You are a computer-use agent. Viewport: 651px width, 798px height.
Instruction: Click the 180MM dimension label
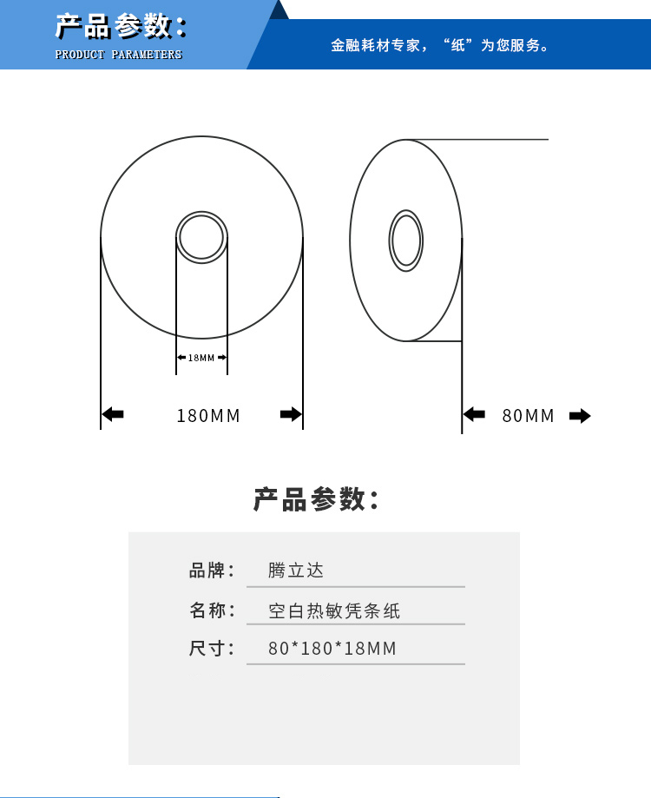pos(208,416)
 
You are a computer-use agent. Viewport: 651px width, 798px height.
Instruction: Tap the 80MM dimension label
pos(528,416)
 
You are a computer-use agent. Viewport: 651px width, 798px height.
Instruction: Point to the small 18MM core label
pos(201,358)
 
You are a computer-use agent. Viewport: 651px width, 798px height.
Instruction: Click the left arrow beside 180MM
pos(114,415)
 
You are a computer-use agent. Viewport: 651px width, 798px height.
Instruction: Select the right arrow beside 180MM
pos(290,415)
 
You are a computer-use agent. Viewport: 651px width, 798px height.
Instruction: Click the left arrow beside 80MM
pos(474,415)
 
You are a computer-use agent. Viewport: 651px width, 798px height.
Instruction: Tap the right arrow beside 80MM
pos(580,416)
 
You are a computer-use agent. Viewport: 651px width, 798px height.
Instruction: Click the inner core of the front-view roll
pos(201,237)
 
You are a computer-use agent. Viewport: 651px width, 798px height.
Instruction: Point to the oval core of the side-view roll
pos(405,240)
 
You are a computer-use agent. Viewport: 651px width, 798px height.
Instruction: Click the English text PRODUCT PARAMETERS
pos(119,55)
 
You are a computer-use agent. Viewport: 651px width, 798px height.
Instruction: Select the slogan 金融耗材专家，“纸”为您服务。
pos(440,45)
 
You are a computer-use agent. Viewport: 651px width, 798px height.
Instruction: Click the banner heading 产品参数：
pos(121,27)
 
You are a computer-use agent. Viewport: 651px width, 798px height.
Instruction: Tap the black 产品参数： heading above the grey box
pos(316,499)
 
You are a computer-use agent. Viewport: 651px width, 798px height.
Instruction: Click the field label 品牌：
pos(212,570)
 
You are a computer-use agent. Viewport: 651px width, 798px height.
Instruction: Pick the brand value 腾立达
pos(295,570)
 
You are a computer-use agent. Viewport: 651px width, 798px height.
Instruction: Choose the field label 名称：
pos(212,610)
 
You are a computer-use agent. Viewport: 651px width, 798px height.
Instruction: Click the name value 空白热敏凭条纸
pos(334,610)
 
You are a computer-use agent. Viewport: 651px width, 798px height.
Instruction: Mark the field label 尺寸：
pos(212,649)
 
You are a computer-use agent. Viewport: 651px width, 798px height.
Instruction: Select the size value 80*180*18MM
pos(332,649)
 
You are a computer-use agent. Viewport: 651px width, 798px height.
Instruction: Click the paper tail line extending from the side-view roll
pos(503,139)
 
